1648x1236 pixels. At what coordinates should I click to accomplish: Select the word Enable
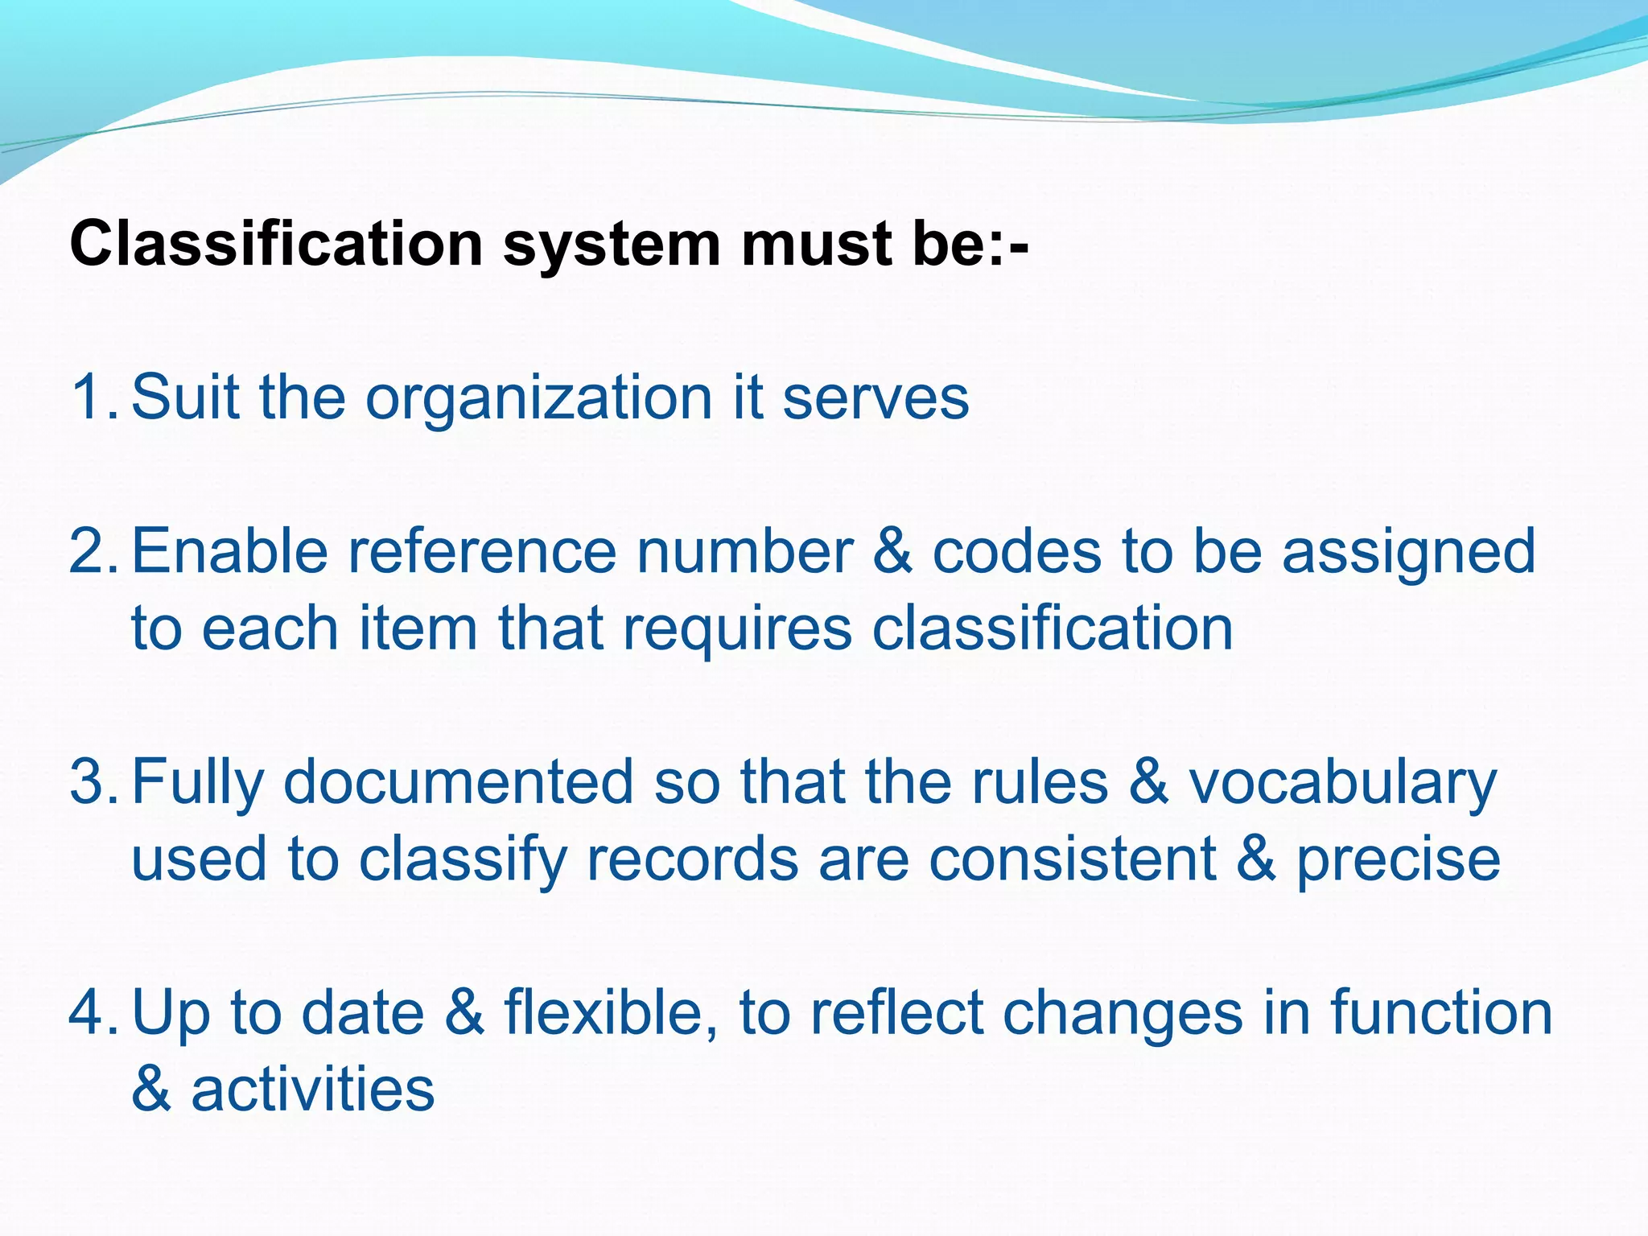tap(230, 551)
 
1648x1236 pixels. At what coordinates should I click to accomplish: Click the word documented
tap(459, 782)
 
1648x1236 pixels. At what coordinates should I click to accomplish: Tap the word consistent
tap(1072, 859)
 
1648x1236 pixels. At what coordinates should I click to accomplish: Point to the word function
tap(1440, 1013)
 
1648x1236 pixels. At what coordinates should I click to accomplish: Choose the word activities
tap(312, 1090)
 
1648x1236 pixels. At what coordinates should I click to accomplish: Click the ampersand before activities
tap(151, 1090)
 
